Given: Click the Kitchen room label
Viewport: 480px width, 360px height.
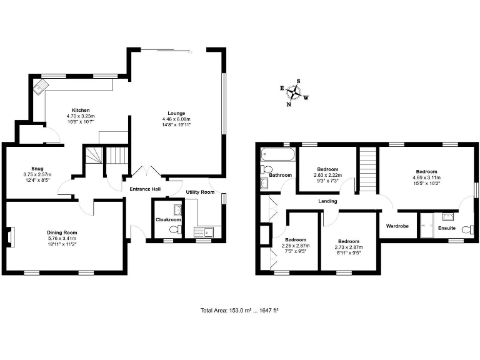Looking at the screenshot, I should pos(80,110).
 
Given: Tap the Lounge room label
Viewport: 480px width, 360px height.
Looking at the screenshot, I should pos(176,113).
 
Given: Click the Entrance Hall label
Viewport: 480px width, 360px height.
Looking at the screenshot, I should pos(145,189).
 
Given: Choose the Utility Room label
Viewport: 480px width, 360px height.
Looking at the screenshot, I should pos(200,192).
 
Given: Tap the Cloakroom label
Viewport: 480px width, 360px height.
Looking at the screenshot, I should pos(167,220).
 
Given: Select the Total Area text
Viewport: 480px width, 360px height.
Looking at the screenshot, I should pos(239,311).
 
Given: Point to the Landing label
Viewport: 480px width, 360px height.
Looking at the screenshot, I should pos(327,201).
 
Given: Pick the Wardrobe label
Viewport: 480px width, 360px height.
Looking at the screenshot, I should pos(397,226).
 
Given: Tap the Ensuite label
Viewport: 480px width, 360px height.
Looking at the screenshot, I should pos(446,228).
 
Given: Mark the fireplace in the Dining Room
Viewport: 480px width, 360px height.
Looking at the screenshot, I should pos(9,237).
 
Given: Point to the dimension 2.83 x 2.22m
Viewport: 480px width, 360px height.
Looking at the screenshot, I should pos(327,175).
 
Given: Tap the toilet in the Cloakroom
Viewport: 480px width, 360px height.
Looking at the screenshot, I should pos(174,231).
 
